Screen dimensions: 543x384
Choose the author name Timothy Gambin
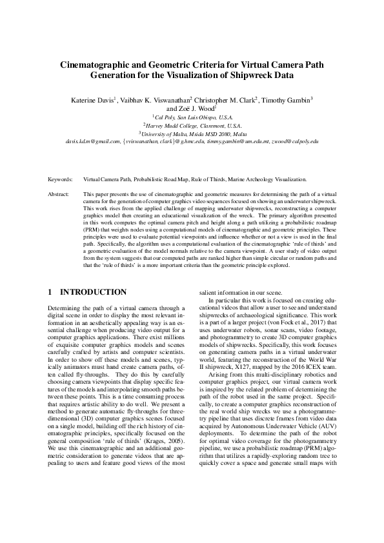(x=287, y=100)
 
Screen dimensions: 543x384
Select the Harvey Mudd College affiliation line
(x=192, y=125)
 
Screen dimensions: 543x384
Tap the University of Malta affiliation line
(x=192, y=133)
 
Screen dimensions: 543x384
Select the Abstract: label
(x=59, y=193)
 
